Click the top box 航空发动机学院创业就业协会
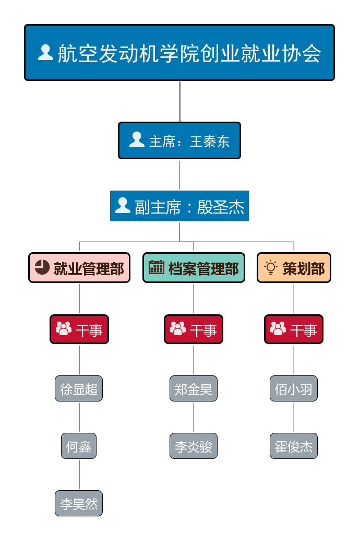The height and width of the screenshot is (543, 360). [x=179, y=53]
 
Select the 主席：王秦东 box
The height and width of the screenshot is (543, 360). [x=179, y=140]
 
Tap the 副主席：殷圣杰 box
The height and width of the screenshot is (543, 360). [x=179, y=206]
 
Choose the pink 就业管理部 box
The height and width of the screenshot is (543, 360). [x=79, y=268]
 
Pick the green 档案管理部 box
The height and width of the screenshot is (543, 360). [x=194, y=268]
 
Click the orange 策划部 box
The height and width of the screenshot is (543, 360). [x=294, y=268]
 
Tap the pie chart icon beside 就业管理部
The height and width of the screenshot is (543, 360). [x=42, y=267]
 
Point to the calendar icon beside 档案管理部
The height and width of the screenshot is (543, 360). [x=157, y=267]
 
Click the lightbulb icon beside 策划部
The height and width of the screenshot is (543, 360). [x=270, y=267]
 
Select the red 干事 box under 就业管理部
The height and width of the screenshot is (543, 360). [x=79, y=329]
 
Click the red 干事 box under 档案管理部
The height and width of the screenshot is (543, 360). [x=194, y=329]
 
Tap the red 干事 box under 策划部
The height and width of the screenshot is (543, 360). [x=294, y=329]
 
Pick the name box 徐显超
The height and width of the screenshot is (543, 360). [x=79, y=389]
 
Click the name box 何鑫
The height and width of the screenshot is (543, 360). [x=79, y=446]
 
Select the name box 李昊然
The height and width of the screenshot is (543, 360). [x=79, y=503]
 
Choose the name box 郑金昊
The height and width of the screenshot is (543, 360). [x=194, y=389]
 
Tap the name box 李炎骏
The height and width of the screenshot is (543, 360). [x=194, y=446]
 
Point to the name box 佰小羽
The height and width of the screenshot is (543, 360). [x=294, y=389]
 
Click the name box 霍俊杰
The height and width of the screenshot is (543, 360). [x=294, y=446]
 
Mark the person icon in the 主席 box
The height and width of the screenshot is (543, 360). [x=137, y=139]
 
